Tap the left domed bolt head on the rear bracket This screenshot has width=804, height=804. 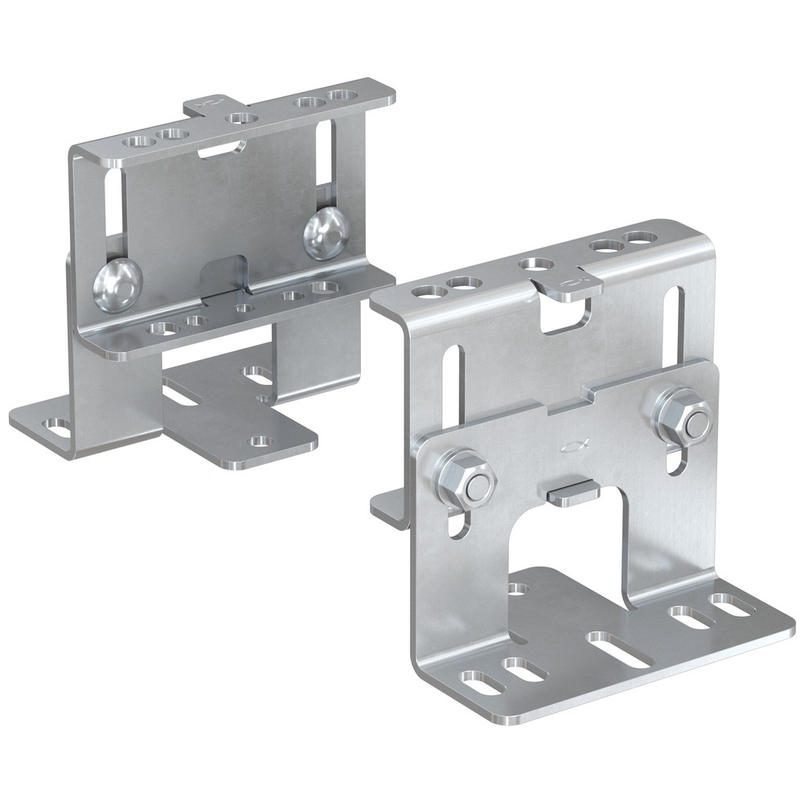(x=118, y=285)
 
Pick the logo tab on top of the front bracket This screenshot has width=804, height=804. (x=569, y=284)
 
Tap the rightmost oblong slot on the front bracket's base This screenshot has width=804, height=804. (x=730, y=603)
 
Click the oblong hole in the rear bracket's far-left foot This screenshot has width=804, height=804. (x=56, y=426)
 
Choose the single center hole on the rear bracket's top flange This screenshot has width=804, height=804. (x=242, y=118)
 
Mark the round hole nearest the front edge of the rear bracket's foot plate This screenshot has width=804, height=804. (x=259, y=441)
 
